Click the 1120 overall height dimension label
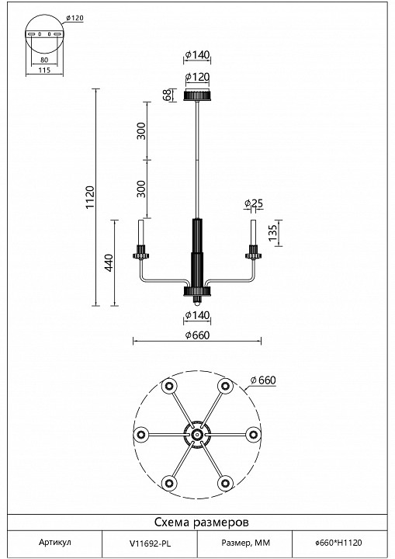point(90,197)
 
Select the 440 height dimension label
point(109,262)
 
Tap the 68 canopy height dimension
point(167,95)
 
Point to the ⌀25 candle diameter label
point(254,203)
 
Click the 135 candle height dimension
point(272,233)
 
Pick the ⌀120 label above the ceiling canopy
point(197,77)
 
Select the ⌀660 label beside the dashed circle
point(263,380)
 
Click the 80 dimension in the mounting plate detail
point(44,60)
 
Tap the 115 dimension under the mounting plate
point(44,70)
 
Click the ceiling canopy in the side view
point(197,96)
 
